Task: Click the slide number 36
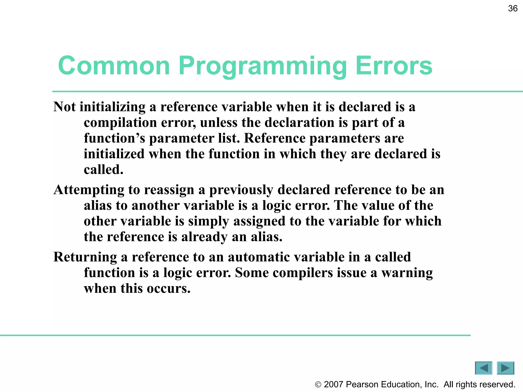coord(513,8)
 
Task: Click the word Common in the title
coord(114,66)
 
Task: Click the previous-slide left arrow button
coord(483,368)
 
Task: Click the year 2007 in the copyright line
coord(333,384)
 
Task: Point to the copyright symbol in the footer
coord(318,385)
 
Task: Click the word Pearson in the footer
coord(362,384)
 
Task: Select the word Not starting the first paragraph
coord(64,107)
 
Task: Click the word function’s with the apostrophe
coord(114,138)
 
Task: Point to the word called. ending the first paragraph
coord(103,170)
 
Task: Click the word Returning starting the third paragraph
coord(85,257)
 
